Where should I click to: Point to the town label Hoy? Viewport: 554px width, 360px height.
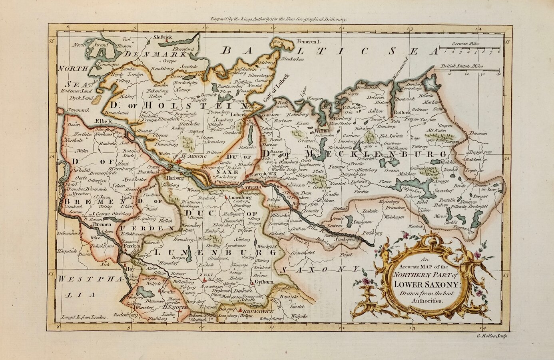coord(130,270)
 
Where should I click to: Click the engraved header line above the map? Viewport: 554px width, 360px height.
coord(280,19)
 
